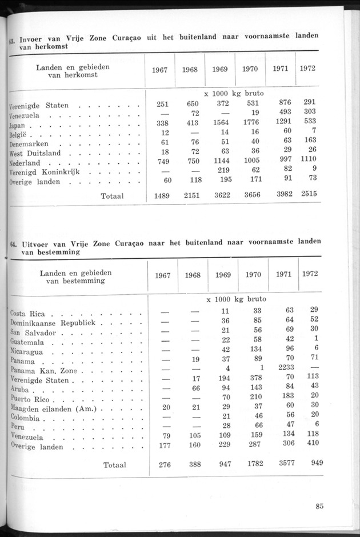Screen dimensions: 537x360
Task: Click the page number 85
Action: [x=319, y=505]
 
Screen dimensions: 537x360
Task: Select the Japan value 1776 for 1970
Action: [x=250, y=122]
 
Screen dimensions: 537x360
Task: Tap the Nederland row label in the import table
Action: [x=28, y=163]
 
